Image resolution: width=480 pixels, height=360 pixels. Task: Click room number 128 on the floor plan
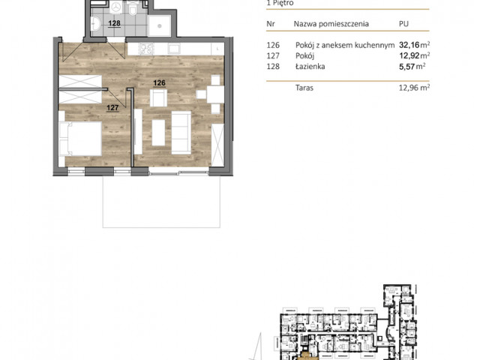114,23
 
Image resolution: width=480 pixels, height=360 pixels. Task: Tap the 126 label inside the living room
159,83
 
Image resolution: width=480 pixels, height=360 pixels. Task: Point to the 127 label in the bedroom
112,108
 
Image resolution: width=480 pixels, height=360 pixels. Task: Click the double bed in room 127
80,139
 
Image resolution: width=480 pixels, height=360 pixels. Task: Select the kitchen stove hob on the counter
146,49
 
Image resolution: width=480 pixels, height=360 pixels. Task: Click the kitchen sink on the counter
174,48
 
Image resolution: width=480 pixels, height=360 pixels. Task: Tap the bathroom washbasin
96,23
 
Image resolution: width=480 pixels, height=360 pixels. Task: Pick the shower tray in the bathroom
159,25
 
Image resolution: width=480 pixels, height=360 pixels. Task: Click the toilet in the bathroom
133,9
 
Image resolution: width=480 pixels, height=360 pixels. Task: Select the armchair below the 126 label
158,98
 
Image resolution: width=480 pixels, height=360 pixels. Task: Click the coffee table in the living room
158,133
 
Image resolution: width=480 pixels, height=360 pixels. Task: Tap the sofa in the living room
181,133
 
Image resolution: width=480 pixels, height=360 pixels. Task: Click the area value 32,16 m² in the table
415,45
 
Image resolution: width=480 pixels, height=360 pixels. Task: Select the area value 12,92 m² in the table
415,55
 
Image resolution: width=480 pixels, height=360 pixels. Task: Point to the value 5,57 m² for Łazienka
412,67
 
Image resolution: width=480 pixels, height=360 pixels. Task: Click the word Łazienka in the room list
310,67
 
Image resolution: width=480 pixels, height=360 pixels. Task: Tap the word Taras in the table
304,88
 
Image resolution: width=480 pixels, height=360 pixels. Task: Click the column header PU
403,24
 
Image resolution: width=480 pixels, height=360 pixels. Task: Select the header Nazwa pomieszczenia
331,24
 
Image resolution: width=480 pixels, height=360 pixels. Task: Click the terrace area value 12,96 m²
414,88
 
